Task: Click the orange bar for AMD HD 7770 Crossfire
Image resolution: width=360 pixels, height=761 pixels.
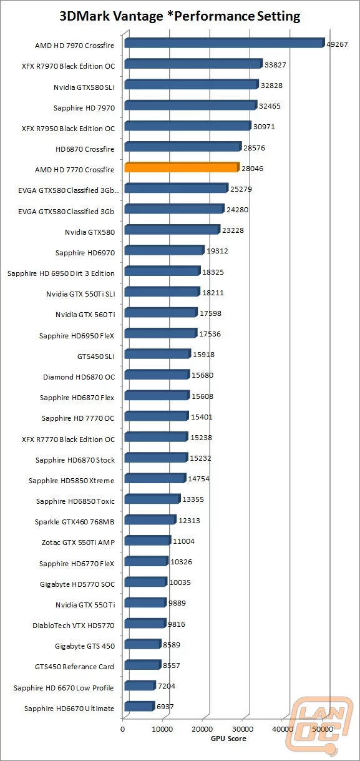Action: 182,167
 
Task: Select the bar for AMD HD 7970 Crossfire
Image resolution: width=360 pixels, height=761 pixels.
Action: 224,43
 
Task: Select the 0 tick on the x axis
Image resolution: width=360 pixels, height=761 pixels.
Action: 123,729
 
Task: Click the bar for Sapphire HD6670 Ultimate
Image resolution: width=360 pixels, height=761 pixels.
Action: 139,707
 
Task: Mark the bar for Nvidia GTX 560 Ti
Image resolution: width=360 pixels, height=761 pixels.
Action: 160,312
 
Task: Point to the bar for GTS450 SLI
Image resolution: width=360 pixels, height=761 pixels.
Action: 157,354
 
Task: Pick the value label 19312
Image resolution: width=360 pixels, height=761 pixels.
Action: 218,251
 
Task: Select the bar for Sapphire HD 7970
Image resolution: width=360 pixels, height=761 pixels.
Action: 190,106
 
